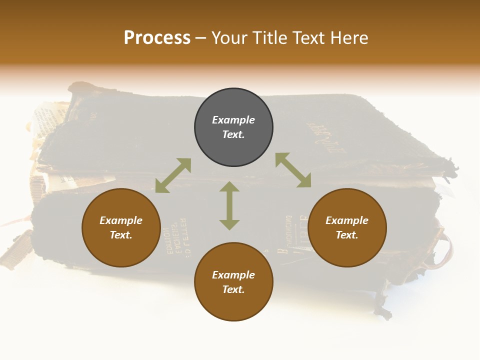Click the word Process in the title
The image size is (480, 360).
click(157, 38)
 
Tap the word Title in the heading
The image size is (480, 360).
click(272, 38)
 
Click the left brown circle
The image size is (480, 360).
click(121, 227)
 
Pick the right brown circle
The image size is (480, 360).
click(347, 227)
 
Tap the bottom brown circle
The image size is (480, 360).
click(233, 281)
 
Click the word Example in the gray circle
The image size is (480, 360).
click(233, 120)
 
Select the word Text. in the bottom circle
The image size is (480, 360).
click(233, 289)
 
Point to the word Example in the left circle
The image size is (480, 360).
click(121, 220)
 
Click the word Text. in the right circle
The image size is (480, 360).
click(347, 235)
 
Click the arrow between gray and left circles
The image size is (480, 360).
click(173, 175)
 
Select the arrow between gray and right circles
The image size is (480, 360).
click(293, 170)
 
